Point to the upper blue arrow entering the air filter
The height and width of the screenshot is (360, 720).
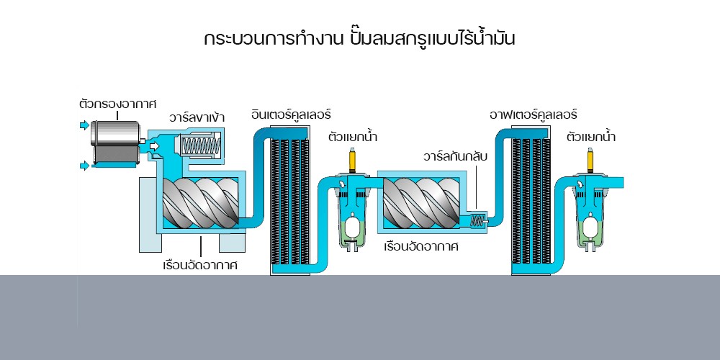point(84,126)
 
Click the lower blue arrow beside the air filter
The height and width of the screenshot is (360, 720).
point(84,166)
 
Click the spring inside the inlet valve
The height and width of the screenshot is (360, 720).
point(199,146)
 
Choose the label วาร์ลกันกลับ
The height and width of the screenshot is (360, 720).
point(456,156)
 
